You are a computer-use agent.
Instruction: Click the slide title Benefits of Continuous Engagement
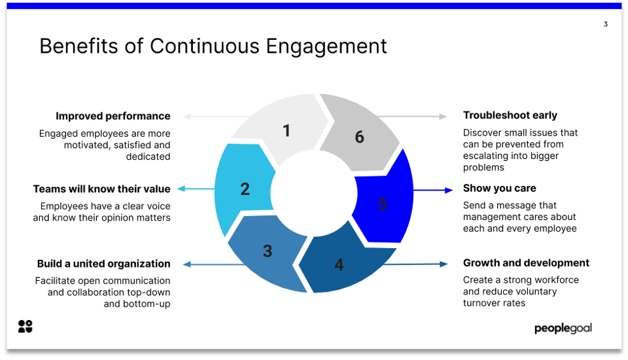point(213,46)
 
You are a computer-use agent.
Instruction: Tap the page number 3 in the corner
point(605,24)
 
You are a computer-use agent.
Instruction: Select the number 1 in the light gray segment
point(286,131)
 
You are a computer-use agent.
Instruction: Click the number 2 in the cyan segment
point(245,189)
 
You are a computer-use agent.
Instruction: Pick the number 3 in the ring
point(268,251)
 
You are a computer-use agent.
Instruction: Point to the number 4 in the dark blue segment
point(339,264)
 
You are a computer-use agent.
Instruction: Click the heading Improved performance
point(113,116)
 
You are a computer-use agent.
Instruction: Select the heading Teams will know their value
point(101,189)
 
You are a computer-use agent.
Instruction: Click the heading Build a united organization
point(103,264)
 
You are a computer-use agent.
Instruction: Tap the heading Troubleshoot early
point(510,115)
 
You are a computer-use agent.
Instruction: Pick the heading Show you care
point(499,189)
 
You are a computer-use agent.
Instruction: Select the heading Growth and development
point(526,263)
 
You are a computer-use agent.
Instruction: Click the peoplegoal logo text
point(563,328)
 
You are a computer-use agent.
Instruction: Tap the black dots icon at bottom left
point(25,327)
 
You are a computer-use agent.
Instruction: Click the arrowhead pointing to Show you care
point(449,190)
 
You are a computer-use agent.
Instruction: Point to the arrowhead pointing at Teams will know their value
point(181,189)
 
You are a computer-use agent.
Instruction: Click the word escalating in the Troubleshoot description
point(486,156)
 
